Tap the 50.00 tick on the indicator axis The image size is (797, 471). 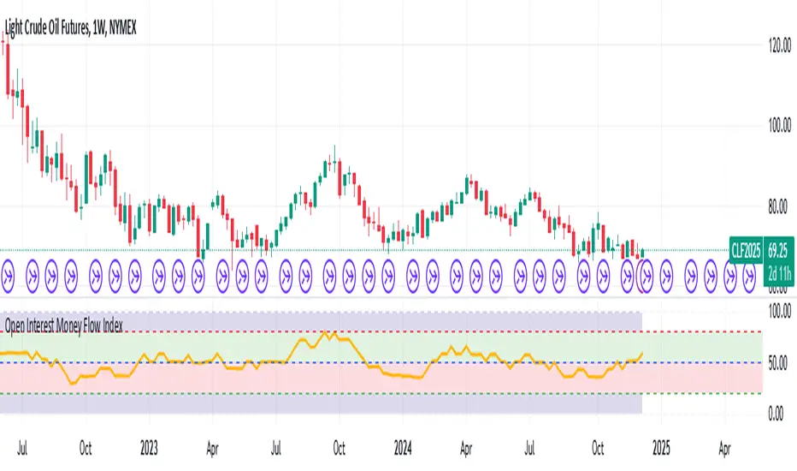[x=776, y=363]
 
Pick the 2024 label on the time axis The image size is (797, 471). [x=402, y=446]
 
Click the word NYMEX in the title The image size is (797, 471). [x=123, y=27]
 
